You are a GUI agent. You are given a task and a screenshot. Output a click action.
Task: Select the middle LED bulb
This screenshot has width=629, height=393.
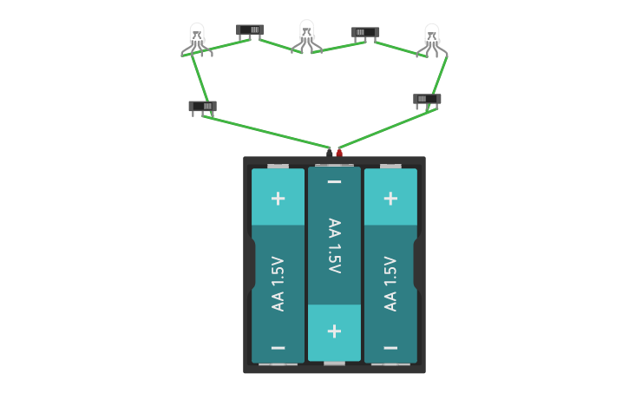[306, 33]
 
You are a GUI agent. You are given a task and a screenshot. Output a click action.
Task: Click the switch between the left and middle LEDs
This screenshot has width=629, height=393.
[250, 30]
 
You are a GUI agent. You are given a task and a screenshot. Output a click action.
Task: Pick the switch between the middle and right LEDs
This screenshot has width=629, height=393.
[365, 33]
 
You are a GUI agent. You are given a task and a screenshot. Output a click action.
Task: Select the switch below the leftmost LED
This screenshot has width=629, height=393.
[202, 108]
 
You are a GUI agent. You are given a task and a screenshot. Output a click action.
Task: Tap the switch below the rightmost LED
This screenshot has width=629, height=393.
[427, 99]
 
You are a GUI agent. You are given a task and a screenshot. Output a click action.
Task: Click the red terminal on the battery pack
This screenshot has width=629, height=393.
[339, 154]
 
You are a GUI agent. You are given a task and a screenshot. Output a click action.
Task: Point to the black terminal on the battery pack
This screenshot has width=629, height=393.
[330, 154]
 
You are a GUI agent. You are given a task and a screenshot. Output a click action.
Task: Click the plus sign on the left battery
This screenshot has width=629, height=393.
[278, 198]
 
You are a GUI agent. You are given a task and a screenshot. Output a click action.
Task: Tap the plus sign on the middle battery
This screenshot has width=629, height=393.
[334, 331]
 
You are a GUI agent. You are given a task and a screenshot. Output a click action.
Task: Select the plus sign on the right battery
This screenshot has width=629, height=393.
[390, 198]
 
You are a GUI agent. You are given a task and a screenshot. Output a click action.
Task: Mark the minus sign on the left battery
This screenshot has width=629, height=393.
[278, 348]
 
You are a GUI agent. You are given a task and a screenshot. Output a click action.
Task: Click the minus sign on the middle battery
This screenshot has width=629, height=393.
[334, 181]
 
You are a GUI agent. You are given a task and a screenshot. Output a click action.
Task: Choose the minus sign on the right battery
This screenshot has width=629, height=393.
[390, 348]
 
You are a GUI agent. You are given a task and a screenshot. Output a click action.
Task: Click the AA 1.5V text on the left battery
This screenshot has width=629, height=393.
[278, 283]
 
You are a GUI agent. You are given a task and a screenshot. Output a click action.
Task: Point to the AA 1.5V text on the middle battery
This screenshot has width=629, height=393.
[334, 246]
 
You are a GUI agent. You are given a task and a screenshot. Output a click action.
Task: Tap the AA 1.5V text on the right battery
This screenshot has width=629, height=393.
[390, 283]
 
